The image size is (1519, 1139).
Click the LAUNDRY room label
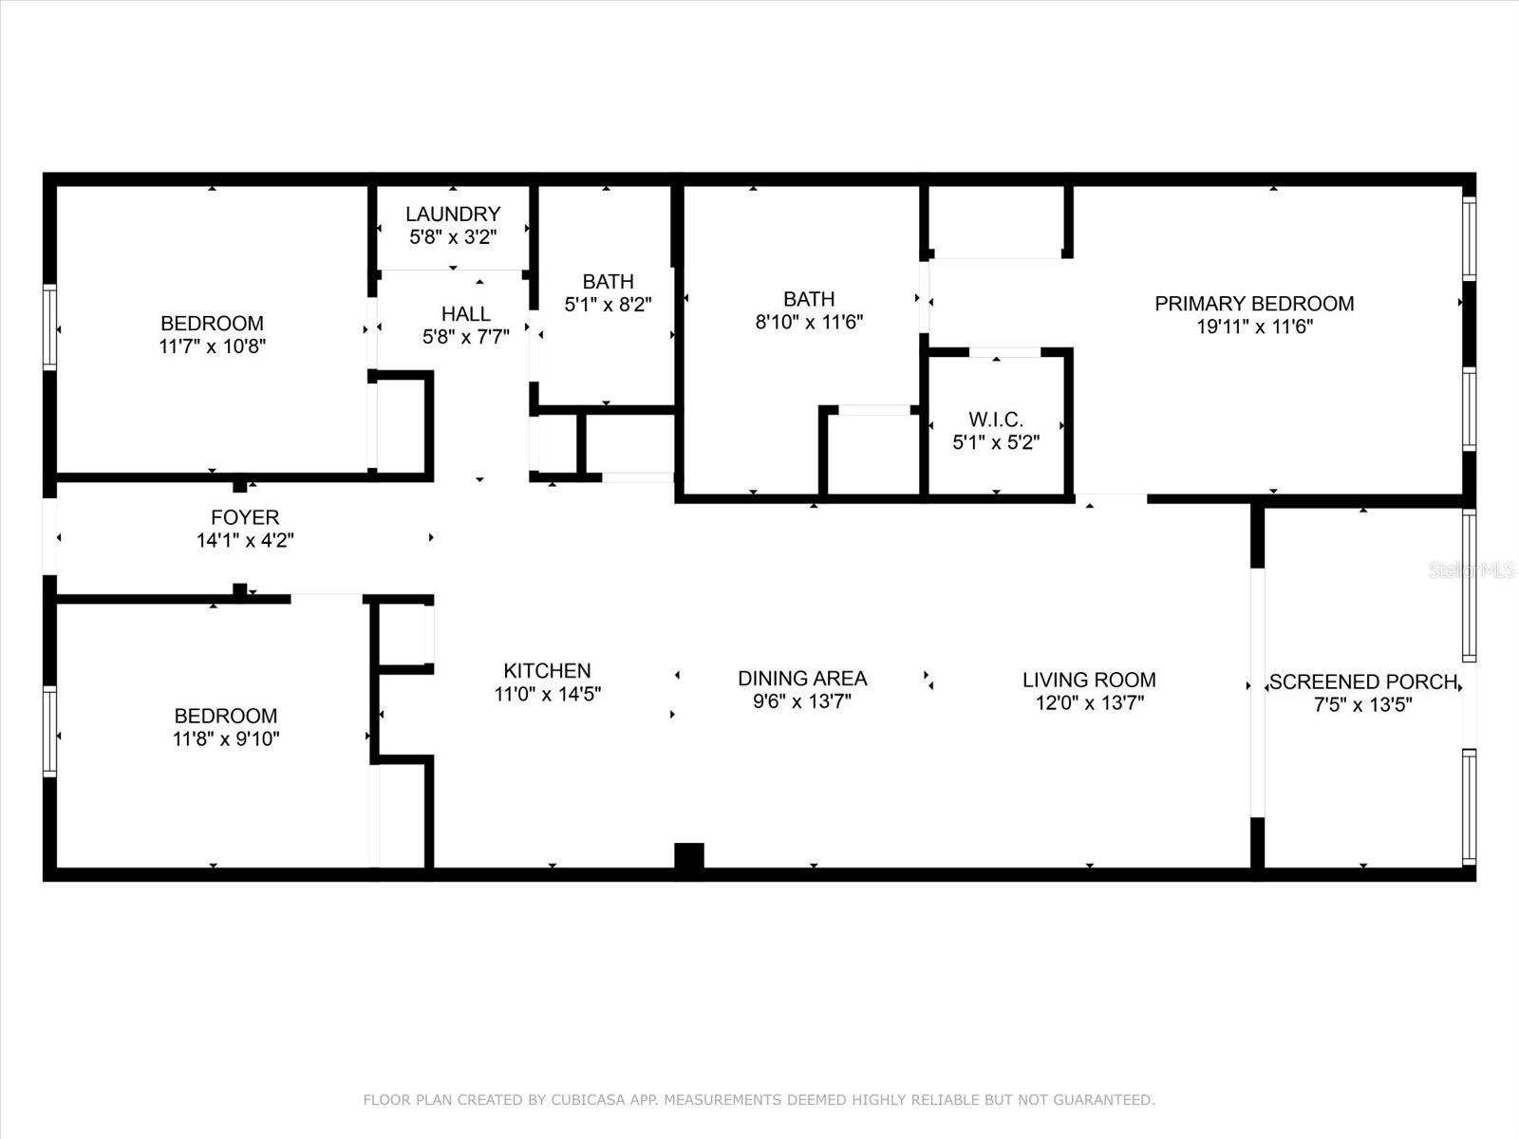453,214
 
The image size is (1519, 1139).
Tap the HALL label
466,314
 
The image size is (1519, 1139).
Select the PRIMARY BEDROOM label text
1254,304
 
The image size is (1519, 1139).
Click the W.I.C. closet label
996,420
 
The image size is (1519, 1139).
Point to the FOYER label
245,517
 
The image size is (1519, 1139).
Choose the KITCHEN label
547,671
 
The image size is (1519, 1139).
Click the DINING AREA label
802,679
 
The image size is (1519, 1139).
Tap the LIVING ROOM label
1089,680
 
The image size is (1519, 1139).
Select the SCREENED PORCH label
1363,682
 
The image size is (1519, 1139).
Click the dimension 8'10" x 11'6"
809,323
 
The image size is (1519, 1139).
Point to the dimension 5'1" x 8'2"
608,305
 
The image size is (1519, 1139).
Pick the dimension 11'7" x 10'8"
212,346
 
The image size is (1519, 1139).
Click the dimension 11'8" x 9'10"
226,738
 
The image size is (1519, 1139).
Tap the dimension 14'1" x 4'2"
245,540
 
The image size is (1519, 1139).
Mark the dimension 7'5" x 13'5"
1363,704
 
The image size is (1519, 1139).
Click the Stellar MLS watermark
1472,569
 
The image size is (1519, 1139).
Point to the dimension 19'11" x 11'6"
1255,327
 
